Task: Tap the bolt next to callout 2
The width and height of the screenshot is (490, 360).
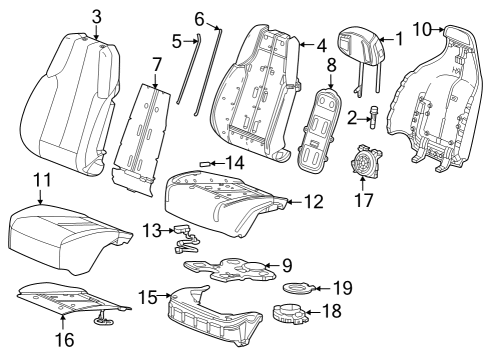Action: pos(374,119)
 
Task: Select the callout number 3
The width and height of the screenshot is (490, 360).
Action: pos(96,17)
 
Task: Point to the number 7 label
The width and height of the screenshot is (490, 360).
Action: pos(157,65)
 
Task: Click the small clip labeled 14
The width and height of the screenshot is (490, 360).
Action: pos(204,164)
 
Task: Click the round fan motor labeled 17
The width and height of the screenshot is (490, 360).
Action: pos(365,161)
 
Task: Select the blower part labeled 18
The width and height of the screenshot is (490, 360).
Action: pos(290,314)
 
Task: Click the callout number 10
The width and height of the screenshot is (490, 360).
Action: pos(422,29)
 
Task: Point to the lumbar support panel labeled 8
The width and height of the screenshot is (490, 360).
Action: pos(318,128)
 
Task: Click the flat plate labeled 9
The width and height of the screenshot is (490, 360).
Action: pos(230,269)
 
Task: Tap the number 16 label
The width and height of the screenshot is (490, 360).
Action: pos(65,340)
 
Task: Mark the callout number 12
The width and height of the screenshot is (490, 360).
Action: pos(314,202)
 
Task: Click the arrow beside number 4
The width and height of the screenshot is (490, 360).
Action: pos(308,44)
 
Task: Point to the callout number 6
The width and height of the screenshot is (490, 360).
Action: pos(199,19)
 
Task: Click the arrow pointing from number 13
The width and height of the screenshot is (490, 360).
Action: pos(167,230)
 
